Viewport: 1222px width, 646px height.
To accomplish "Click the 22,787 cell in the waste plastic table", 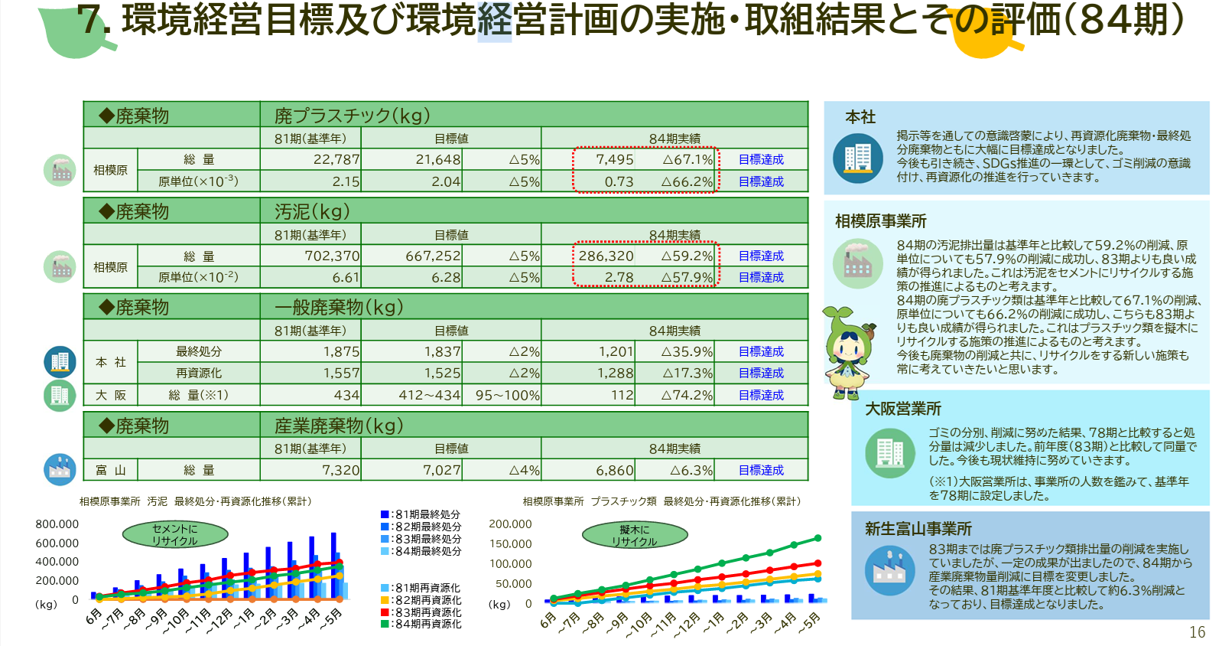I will (x=336, y=159).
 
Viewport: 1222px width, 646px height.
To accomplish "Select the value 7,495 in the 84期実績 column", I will (x=615, y=159).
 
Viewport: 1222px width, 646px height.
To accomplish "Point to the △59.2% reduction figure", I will (x=687, y=256).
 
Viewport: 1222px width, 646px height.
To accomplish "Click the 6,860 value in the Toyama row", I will (x=615, y=470).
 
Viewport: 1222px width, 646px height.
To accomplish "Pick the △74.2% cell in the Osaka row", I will (x=687, y=395).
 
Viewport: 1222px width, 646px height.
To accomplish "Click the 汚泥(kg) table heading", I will (x=312, y=211).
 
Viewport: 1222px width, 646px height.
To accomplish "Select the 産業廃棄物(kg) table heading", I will (x=338, y=426).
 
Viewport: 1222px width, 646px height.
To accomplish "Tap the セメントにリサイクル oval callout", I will (x=175, y=534).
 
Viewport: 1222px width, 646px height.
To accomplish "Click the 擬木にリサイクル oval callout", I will (x=634, y=535).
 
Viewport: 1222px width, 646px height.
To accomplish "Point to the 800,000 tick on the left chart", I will (x=57, y=524).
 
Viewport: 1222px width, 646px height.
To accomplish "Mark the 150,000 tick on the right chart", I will (x=510, y=544).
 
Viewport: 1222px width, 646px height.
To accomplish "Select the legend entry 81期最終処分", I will (x=421, y=514).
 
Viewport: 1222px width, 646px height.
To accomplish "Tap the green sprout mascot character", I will (x=848, y=353).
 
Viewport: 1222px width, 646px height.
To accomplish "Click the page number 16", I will (x=1197, y=632).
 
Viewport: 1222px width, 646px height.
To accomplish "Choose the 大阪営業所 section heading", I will (x=902, y=409).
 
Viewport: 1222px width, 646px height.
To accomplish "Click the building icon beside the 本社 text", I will (x=857, y=158).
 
